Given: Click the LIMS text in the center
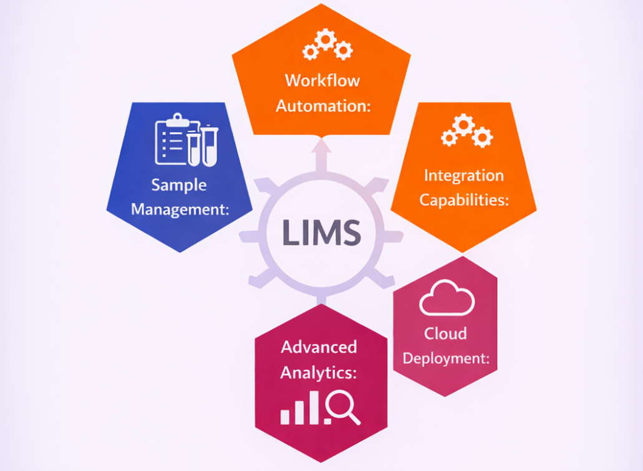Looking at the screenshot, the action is click(x=322, y=232).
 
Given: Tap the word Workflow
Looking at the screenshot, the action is click(x=322, y=80).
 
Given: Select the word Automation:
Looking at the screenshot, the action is click(x=323, y=106).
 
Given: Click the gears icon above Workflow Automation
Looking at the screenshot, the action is click(x=327, y=44).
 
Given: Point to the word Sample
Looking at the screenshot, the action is click(x=179, y=185).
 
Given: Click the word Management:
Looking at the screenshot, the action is click(x=180, y=209).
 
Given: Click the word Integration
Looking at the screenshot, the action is click(x=464, y=175).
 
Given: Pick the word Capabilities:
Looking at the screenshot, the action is click(x=464, y=200).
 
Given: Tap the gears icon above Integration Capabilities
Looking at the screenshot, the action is click(x=467, y=131).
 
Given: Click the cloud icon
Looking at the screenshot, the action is click(x=447, y=298).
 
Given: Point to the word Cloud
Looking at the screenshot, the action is click(x=445, y=333).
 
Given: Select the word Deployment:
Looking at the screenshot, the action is click(x=446, y=358).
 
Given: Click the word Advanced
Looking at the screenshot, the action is click(x=319, y=347).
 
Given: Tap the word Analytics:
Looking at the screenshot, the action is click(x=318, y=373).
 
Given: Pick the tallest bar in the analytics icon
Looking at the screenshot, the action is click(x=314, y=407).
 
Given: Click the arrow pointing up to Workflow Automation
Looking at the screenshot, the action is click(x=321, y=155).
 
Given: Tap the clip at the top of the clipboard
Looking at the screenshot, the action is click(x=177, y=120).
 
